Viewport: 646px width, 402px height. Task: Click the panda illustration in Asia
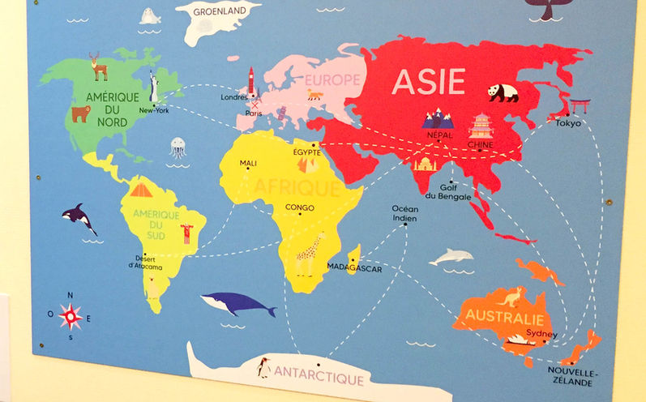point(503,92)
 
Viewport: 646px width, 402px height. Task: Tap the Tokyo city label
point(567,124)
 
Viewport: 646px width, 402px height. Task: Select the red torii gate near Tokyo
point(580,106)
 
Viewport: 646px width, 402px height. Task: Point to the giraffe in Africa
point(309,254)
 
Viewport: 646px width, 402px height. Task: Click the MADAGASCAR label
point(353,267)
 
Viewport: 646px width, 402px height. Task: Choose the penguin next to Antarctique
point(263,368)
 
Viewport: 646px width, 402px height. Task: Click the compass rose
point(70,315)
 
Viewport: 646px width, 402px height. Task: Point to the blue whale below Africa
point(237,304)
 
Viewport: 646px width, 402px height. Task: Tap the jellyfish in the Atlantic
point(178,148)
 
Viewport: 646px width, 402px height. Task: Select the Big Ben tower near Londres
point(251,82)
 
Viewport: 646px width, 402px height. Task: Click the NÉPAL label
point(438,136)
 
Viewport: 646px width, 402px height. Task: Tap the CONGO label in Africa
point(299,207)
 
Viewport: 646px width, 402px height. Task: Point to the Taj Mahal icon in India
point(425,165)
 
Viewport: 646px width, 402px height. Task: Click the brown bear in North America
point(80,114)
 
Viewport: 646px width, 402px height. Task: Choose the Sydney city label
point(541,334)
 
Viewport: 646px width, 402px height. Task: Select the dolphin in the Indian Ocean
point(451,257)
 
